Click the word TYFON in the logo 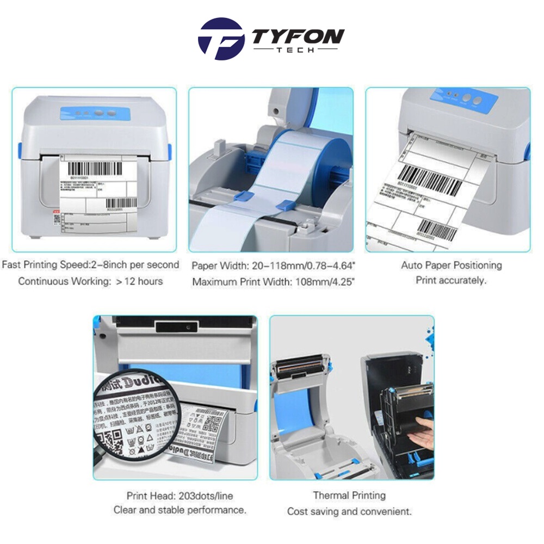(298, 36)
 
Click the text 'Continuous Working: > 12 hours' (90, 281)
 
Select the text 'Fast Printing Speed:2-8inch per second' (90, 265)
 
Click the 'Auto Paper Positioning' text (452, 265)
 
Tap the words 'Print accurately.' (451, 281)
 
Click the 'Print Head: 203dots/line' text (180, 496)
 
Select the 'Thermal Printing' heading (349, 496)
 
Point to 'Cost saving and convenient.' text (349, 511)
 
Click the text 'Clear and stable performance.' (180, 510)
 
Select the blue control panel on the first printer (98, 114)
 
